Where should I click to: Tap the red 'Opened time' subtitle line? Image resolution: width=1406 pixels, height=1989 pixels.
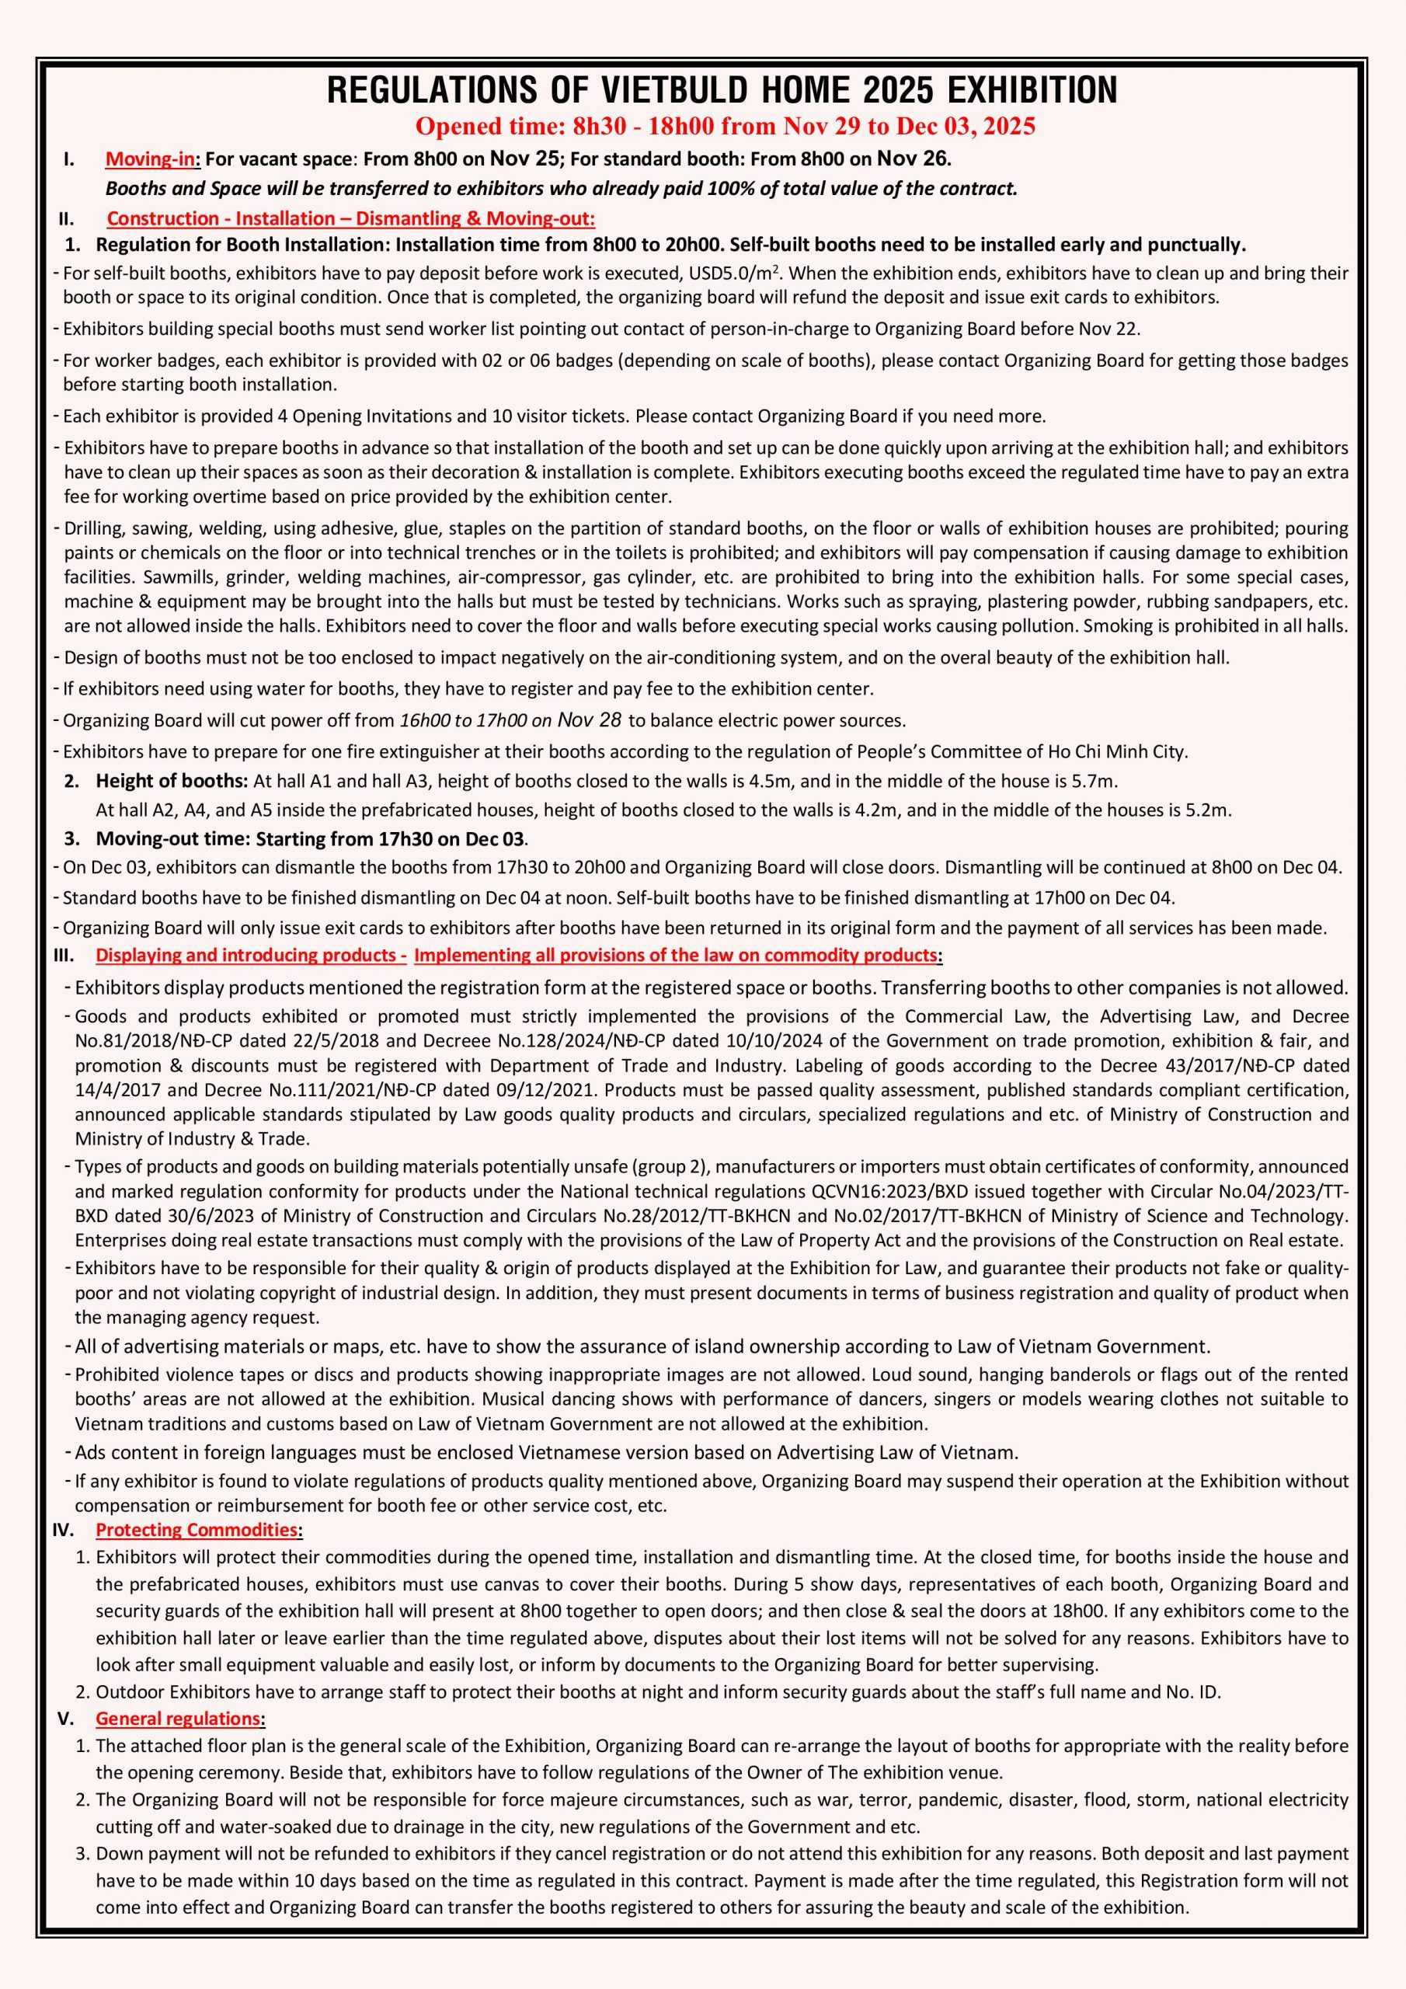tap(725, 127)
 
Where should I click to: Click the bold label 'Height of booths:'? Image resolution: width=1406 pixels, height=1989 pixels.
tap(172, 782)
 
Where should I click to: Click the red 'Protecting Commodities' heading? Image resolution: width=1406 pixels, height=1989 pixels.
tap(197, 1530)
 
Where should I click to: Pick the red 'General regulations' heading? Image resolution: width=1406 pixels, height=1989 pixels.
tap(178, 1719)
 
